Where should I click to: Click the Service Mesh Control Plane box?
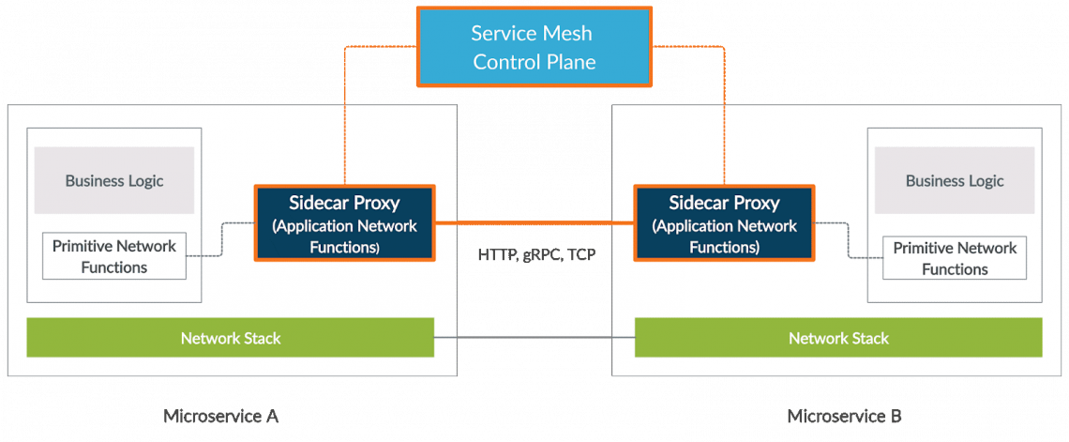(534, 47)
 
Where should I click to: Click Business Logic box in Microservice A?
(114, 180)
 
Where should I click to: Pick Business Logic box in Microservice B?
(955, 181)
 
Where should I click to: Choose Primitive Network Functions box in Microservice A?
(113, 256)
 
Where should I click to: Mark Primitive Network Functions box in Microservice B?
(955, 258)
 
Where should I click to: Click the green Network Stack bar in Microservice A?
(230, 338)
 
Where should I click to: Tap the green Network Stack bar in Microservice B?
(838, 338)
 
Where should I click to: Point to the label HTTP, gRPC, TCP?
(535, 255)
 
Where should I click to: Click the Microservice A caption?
(221, 416)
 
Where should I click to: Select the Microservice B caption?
(844, 416)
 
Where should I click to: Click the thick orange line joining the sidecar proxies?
(535, 223)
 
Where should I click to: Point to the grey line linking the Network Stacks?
(534, 337)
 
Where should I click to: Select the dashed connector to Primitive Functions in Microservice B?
(849, 240)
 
